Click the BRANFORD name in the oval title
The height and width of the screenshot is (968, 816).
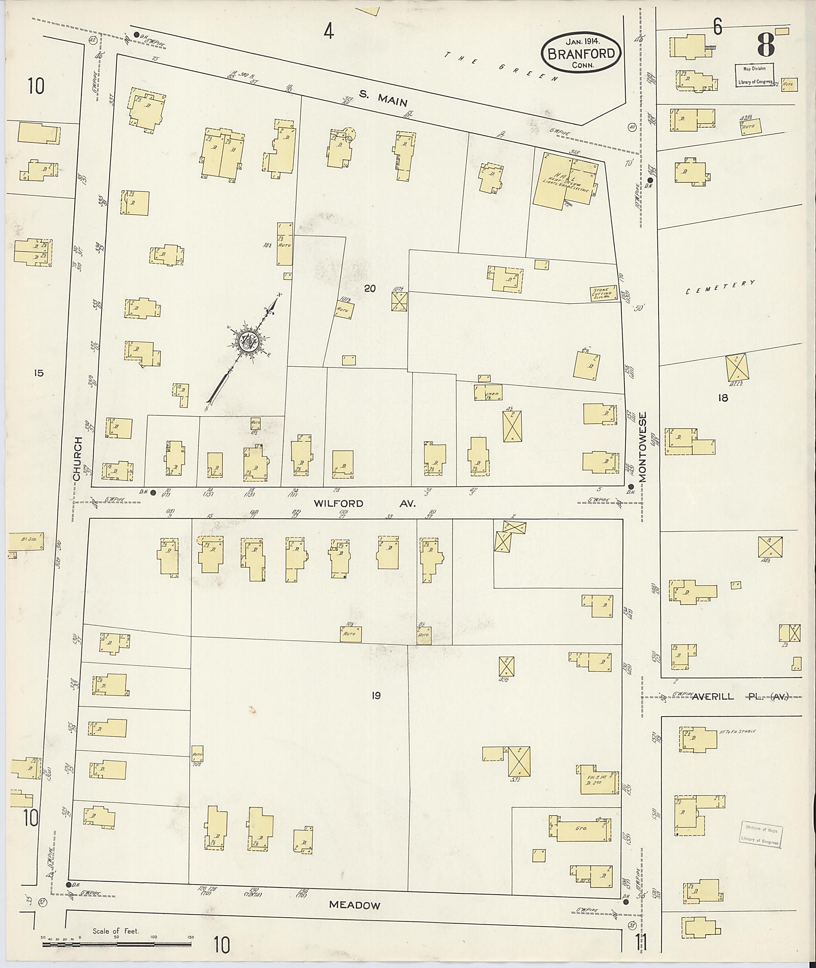pyautogui.click(x=581, y=54)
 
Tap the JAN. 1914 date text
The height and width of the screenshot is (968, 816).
pyautogui.click(x=581, y=41)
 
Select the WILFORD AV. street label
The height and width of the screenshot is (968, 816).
pyautogui.click(x=365, y=503)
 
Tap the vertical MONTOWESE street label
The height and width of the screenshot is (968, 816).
pyautogui.click(x=643, y=447)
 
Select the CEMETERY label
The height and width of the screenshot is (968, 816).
pyautogui.click(x=720, y=287)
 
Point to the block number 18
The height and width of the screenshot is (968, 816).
pyautogui.click(x=723, y=397)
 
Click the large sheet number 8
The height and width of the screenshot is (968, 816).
pyautogui.click(x=766, y=45)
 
